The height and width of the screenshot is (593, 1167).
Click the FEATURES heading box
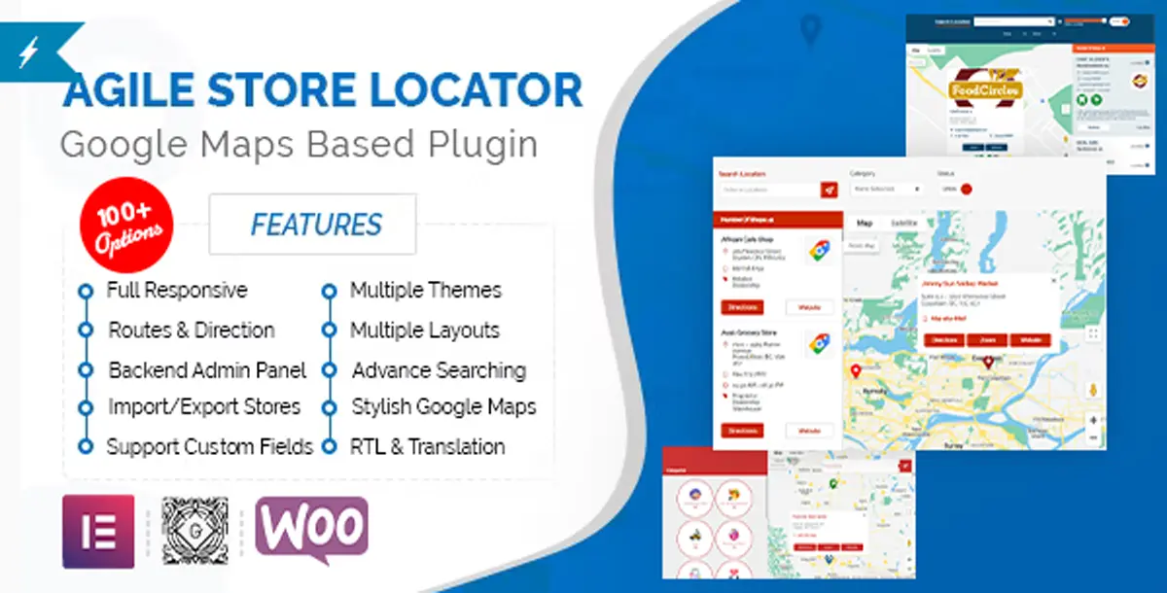tap(313, 225)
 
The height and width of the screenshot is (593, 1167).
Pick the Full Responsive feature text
tap(177, 290)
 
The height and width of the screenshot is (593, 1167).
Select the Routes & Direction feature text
tap(191, 331)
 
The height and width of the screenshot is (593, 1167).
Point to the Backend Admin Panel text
tap(207, 370)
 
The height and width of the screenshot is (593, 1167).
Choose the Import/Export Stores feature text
tap(203, 406)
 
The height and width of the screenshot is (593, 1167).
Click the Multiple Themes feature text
tap(425, 290)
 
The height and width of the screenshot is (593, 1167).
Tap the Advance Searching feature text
tap(439, 370)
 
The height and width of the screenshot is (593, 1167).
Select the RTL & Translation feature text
tap(427, 447)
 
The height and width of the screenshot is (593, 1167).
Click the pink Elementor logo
tap(98, 532)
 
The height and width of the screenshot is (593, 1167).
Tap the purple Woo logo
tap(311, 530)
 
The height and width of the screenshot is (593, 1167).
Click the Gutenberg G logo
tap(194, 532)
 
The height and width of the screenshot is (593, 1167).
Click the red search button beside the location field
tap(829, 190)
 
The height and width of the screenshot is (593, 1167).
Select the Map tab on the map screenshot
tap(864, 224)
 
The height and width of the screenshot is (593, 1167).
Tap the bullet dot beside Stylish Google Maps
tap(330, 407)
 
